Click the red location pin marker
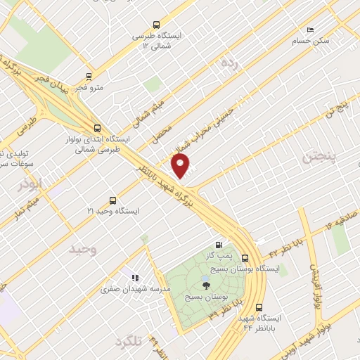[181, 167]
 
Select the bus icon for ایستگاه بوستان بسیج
[245, 258]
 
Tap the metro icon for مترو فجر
[89, 77]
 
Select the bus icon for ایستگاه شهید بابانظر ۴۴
[259, 307]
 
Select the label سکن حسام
[314, 41]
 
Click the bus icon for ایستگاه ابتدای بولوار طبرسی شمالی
[96, 128]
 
